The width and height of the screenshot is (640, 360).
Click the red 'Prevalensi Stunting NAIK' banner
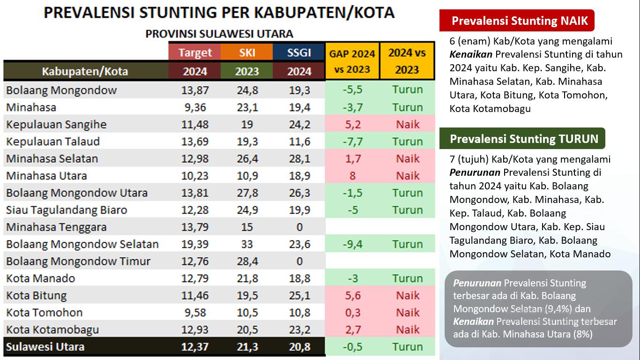[516, 21]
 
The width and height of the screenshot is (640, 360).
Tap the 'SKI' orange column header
[246, 52]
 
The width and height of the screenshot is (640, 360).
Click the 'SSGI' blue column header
[299, 52]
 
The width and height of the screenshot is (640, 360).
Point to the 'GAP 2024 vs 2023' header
[352, 61]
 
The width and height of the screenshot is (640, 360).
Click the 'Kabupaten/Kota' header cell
[85, 71]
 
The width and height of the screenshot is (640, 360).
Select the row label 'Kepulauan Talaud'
[53, 142]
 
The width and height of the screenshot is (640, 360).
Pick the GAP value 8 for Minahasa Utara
[352, 176]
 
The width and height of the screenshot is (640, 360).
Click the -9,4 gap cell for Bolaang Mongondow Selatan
[352, 244]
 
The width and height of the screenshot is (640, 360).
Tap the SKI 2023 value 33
[246, 244]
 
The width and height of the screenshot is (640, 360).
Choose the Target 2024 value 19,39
[194, 244]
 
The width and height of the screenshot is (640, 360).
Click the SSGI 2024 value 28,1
[299, 159]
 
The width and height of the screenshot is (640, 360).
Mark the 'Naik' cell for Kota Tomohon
[407, 313]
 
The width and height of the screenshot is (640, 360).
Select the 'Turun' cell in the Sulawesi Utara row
[407, 347]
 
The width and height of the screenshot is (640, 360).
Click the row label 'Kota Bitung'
[37, 296]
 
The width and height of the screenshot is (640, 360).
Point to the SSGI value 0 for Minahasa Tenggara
[299, 227]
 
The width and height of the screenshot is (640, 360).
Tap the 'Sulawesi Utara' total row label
[45, 347]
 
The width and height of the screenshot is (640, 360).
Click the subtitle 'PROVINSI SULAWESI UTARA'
[219, 34]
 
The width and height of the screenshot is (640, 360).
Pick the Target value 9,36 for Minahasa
[194, 107]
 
